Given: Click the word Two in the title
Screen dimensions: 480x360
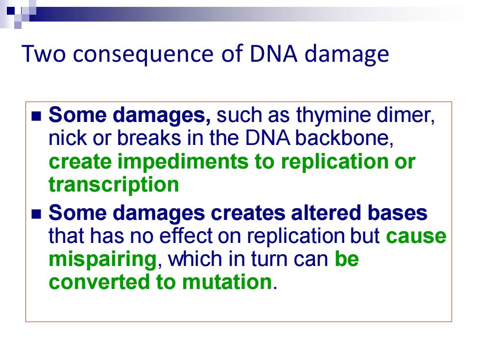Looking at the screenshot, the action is [x=44, y=53].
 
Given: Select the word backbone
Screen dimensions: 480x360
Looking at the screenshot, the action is [x=344, y=138].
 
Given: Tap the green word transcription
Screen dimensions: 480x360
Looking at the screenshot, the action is [x=114, y=185].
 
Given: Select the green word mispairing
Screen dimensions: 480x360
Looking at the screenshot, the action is [x=103, y=260].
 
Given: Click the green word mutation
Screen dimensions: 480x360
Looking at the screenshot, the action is [x=227, y=282].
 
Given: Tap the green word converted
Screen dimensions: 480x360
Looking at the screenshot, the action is [x=99, y=282].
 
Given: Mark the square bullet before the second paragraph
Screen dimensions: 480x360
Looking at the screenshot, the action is [x=36, y=214].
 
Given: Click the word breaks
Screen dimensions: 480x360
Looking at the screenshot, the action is [x=149, y=138].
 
